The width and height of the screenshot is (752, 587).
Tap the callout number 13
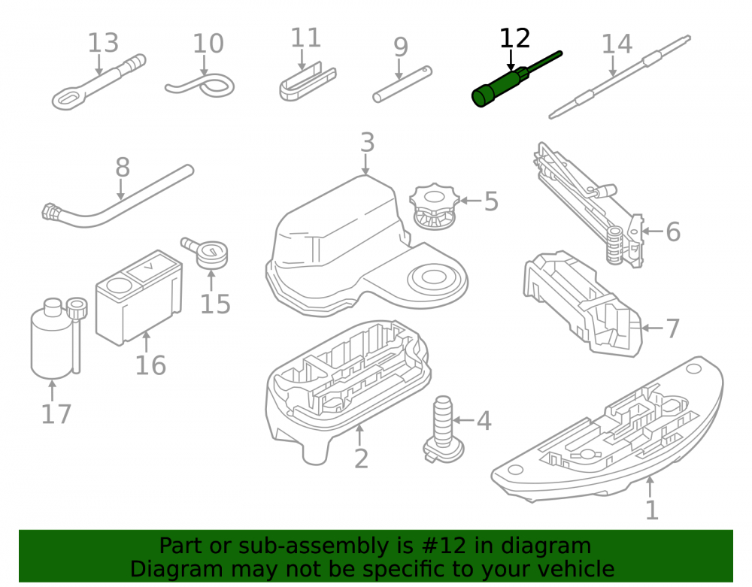pyautogui.click(x=103, y=43)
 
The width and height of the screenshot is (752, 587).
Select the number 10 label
pyautogui.click(x=208, y=44)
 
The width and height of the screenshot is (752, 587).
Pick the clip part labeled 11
pyautogui.click(x=308, y=83)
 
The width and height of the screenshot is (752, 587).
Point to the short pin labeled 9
pyautogui.click(x=402, y=84)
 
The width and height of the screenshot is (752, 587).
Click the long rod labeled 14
pyautogui.click(x=620, y=77)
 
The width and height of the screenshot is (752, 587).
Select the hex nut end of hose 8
pyautogui.click(x=50, y=212)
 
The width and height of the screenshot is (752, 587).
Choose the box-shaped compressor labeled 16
pyautogui.click(x=138, y=298)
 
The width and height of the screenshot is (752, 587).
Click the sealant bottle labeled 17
pyautogui.click(x=51, y=339)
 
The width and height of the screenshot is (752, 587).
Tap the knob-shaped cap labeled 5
pyautogui.click(x=435, y=206)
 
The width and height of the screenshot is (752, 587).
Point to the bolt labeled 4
pyautogui.click(x=444, y=429)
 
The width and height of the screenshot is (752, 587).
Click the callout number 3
pyautogui.click(x=368, y=142)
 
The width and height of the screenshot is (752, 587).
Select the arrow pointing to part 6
pyautogui.click(x=653, y=231)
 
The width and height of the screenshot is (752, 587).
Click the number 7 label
pyautogui.click(x=673, y=328)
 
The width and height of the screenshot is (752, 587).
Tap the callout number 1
pyautogui.click(x=651, y=510)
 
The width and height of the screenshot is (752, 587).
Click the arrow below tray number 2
pyautogui.click(x=359, y=434)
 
